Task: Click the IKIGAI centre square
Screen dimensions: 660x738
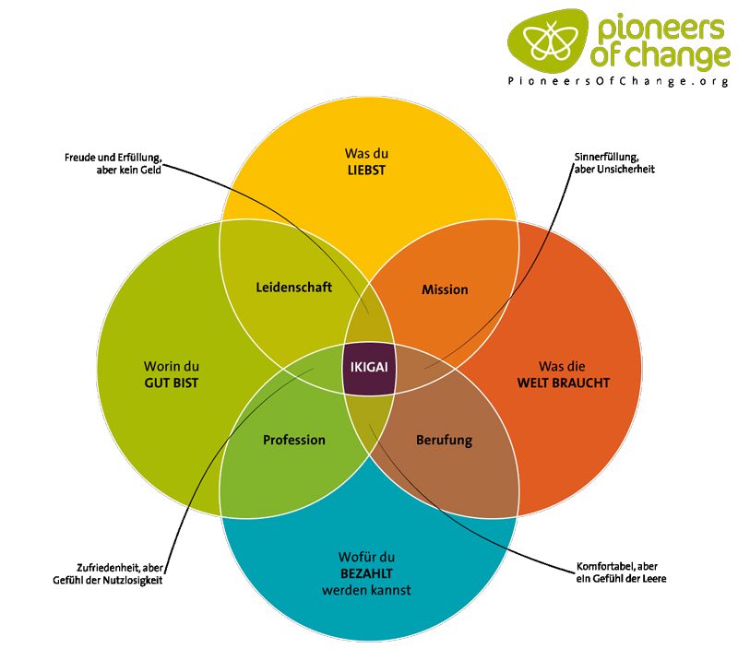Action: (x=368, y=367)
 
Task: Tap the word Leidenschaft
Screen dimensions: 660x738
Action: (x=293, y=288)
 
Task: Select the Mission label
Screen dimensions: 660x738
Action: (x=445, y=289)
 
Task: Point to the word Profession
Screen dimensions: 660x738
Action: (x=294, y=440)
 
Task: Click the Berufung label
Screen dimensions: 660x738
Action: (x=444, y=440)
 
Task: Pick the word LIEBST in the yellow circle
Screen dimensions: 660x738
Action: (x=368, y=169)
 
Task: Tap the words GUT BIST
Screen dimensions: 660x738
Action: (x=171, y=382)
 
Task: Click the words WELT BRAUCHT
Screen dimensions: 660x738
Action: (x=563, y=382)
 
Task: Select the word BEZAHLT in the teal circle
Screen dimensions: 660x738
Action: (x=368, y=573)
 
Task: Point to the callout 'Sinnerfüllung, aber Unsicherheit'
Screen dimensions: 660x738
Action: (x=613, y=162)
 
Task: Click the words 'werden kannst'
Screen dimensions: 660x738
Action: (x=368, y=590)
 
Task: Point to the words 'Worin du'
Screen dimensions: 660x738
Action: (x=171, y=364)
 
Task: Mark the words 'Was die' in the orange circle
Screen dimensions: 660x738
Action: (x=563, y=364)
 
